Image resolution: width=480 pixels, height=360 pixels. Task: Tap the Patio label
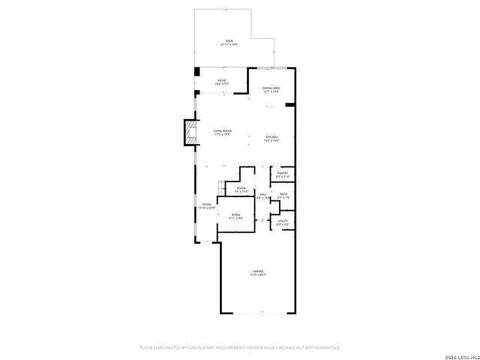[x=222, y=82]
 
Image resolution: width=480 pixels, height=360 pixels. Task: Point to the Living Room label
[x=222, y=132]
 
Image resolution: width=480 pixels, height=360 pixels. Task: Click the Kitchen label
[x=271, y=138]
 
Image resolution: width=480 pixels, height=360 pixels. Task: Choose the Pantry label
[x=282, y=175]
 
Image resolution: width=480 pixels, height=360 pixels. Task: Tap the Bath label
[x=283, y=196]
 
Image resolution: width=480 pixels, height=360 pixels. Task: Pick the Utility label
[x=283, y=222]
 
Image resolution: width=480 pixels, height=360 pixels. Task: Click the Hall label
[x=263, y=196]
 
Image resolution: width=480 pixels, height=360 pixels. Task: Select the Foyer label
[x=206, y=205]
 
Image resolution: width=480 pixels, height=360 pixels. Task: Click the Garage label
[x=257, y=273]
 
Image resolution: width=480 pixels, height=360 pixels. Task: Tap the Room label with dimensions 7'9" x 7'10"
[x=241, y=190]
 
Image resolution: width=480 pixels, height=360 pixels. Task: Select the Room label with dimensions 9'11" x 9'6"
[x=235, y=217]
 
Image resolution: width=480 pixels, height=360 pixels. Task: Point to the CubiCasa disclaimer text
[x=240, y=347]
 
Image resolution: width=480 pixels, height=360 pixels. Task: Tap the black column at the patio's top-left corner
[x=196, y=71]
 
